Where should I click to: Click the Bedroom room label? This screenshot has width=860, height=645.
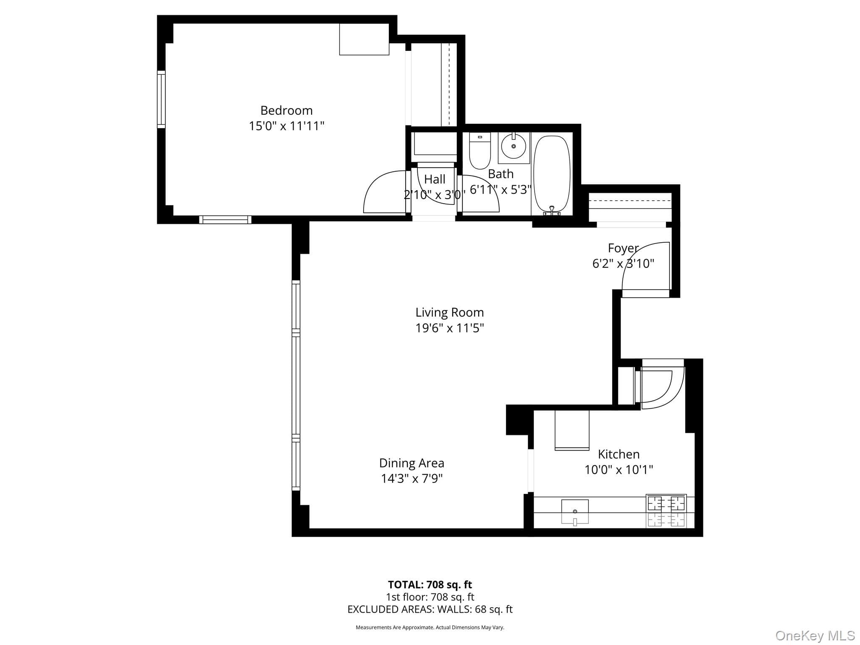286,110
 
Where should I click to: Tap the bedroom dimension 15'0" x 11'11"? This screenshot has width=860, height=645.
286,126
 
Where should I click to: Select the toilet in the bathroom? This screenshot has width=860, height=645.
480,151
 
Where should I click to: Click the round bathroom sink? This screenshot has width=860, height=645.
514,146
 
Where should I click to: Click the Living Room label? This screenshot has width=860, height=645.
450,312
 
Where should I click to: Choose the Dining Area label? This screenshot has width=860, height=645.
412,463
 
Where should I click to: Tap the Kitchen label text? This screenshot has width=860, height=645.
619,454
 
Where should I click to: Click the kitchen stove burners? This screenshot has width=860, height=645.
666,511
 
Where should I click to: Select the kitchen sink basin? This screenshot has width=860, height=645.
575,511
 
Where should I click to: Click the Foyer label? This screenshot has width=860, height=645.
623,248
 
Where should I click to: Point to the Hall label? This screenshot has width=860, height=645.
435,179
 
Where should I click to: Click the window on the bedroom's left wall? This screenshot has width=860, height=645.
161,99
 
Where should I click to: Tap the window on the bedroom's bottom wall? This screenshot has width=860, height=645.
225,220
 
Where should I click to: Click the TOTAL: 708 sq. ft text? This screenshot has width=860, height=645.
430,585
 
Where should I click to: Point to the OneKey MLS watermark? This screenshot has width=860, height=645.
815,636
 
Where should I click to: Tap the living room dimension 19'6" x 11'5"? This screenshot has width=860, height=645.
450,328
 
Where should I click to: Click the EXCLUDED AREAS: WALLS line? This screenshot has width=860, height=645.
430,609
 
